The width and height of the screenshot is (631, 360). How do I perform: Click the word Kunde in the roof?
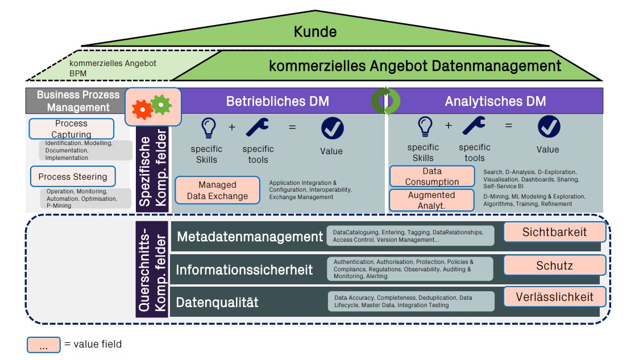[315, 32]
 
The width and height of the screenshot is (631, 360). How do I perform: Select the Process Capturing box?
[71, 129]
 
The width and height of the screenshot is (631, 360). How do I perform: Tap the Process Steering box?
[73, 177]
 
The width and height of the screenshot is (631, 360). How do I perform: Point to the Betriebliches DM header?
[277, 102]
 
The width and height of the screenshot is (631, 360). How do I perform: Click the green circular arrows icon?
[386, 101]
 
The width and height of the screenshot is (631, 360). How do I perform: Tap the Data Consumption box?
[432, 176]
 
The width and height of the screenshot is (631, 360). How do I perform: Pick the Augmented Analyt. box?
[432, 200]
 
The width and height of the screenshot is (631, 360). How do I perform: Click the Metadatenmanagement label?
[250, 237]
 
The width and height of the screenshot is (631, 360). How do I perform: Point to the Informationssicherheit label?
[244, 270]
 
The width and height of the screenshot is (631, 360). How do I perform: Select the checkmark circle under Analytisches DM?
[549, 127]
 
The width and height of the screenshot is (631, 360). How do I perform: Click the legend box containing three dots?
[43, 345]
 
